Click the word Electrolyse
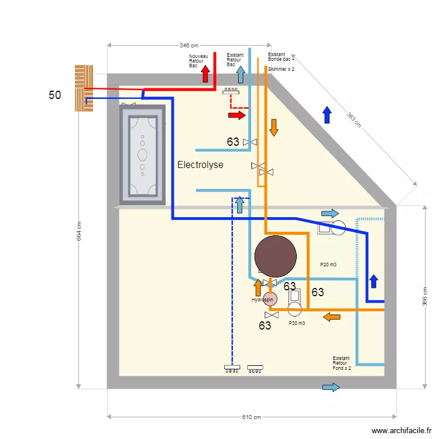[200, 165]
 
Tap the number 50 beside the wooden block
[54, 95]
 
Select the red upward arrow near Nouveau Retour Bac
[205, 74]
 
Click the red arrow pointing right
[236, 115]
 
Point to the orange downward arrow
[273, 126]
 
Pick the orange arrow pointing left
[332, 317]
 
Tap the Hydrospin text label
[261, 300]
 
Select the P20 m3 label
[328, 265]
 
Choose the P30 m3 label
[297, 323]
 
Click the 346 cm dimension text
[188, 45]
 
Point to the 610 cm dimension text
[252, 417]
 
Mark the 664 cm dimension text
[79, 231]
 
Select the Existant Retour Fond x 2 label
[341, 363]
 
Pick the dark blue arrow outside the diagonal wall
[327, 115]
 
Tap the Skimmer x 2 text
[281, 69]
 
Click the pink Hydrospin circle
[269, 298]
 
